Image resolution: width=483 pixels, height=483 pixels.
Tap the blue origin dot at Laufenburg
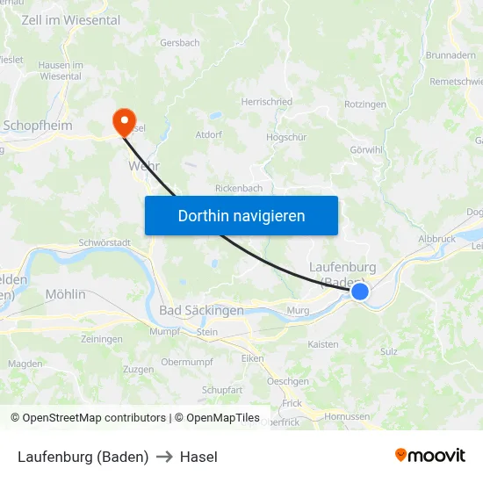pyautogui.click(x=360, y=291)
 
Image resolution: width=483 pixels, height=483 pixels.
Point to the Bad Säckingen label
pyautogui.click(x=202, y=311)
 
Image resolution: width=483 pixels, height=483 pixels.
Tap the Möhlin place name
pyautogui.click(x=65, y=294)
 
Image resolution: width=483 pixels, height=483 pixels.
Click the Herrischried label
pyautogui.click(x=267, y=103)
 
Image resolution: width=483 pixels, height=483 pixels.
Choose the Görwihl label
pyautogui.click(x=366, y=149)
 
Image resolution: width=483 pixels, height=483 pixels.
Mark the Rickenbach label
pyautogui.click(x=239, y=188)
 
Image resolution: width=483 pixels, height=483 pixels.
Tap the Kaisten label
pyautogui.click(x=323, y=344)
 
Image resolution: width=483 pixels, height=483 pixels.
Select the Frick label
pyautogui.click(x=292, y=402)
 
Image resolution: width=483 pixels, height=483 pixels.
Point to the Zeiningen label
pyautogui.click(x=102, y=339)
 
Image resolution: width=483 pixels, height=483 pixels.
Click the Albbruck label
pyautogui.click(x=437, y=239)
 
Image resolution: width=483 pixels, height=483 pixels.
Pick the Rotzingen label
pyautogui.click(x=365, y=105)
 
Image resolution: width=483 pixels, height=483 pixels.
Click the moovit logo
pyautogui.click(x=429, y=455)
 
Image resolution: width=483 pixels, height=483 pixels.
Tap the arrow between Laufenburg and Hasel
pyautogui.click(x=164, y=457)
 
